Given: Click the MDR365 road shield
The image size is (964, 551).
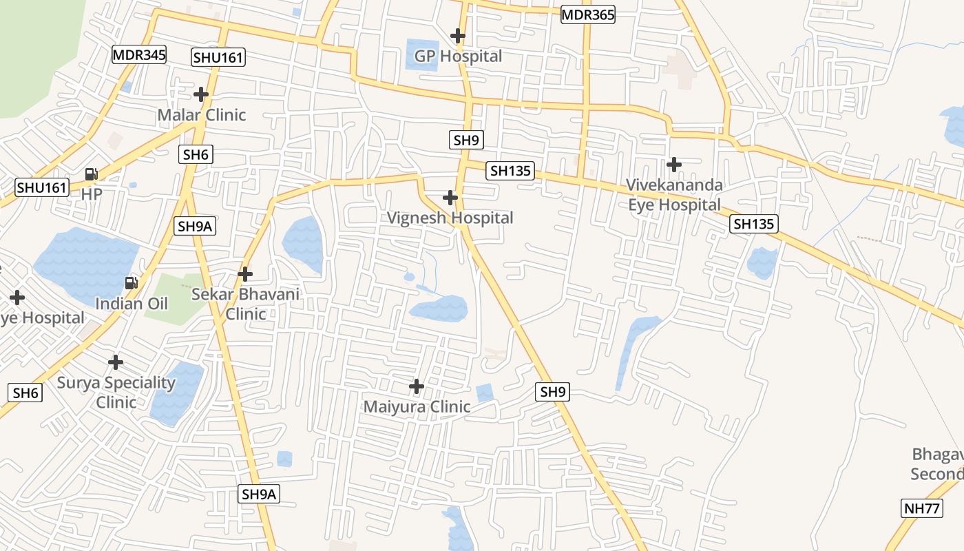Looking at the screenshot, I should [587, 14].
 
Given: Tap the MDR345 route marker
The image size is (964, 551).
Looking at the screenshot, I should [140, 55].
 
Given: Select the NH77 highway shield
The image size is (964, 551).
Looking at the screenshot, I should [921, 509].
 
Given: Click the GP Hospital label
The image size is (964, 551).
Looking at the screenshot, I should [458, 56].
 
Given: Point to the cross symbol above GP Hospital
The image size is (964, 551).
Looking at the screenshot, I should [458, 35].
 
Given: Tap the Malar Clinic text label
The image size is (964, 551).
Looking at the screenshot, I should [202, 114].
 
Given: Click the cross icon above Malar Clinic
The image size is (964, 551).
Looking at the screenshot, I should [201, 94].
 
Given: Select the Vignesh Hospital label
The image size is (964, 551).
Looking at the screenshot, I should [450, 218].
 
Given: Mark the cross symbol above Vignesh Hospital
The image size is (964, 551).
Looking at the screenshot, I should [450, 198].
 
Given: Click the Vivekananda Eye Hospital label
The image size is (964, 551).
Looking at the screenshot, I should [675, 195].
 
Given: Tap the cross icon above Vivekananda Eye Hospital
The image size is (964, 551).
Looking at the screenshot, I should [674, 165].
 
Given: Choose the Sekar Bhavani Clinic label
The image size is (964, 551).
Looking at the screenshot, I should [246, 304].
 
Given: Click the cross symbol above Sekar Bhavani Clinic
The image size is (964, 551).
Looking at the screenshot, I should [245, 274].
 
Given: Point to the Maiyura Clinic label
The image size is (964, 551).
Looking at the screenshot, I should [417, 406].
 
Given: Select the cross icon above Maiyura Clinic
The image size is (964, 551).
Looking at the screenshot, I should [417, 386].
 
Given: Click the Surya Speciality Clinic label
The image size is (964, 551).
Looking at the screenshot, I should [116, 392].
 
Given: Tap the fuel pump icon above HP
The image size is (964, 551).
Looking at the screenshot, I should [92, 174].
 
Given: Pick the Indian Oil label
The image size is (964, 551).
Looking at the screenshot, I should [132, 303].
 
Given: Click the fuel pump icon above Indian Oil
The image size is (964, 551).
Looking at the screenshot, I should [131, 282].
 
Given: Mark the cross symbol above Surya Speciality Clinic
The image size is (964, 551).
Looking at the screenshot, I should [116, 362].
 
